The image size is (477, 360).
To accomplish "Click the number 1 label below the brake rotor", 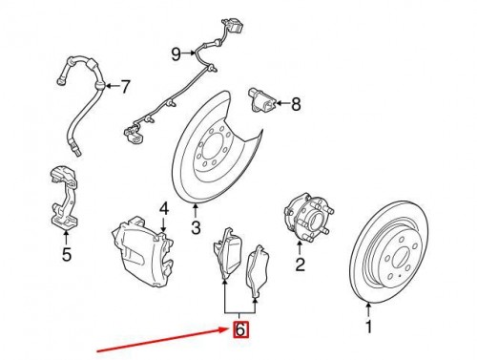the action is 368,327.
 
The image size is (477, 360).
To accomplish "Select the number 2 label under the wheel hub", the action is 301,264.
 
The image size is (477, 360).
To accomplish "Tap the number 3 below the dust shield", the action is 196,227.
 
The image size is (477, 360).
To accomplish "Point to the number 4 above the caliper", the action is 164,209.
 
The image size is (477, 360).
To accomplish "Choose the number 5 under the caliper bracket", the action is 67,254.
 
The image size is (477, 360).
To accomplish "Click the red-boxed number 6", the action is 240,329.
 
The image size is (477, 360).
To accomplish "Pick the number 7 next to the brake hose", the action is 126,86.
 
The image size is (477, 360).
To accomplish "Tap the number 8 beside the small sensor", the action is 296,104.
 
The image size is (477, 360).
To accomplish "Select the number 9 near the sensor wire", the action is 176,54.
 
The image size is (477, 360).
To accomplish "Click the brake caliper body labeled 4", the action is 143,251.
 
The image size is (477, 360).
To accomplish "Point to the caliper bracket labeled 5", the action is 65,198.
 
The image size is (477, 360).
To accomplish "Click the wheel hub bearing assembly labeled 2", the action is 307,217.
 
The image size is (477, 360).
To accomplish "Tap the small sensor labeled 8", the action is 261,100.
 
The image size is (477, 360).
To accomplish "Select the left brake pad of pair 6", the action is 228,255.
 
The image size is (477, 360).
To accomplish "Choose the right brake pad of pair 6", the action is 258,271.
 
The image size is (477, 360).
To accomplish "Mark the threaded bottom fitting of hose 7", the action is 75,150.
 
